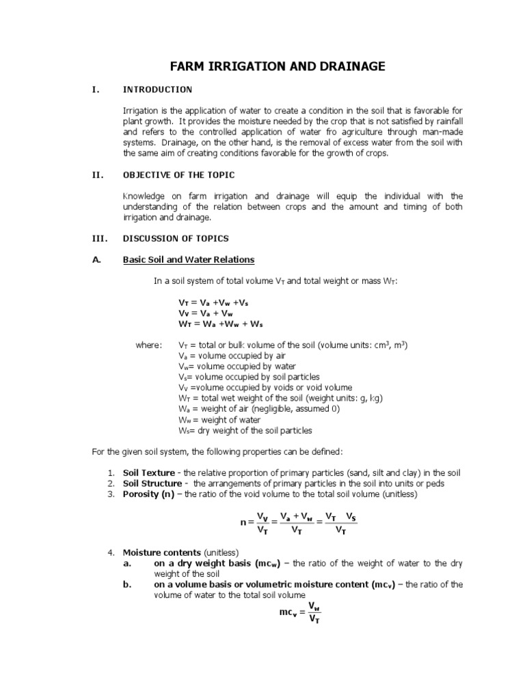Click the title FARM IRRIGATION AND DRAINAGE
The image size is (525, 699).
point(278,66)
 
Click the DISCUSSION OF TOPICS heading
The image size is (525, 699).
point(176,238)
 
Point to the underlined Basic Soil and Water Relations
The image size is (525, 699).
point(188,259)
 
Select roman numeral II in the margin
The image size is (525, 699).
point(96,174)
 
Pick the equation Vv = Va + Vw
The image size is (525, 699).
point(205,312)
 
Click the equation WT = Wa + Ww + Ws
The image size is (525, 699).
point(220,323)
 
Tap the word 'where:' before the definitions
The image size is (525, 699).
point(148,345)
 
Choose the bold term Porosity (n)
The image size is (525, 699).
point(148,494)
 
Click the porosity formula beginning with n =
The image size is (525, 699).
point(298,524)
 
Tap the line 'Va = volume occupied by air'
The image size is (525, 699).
point(222,356)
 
